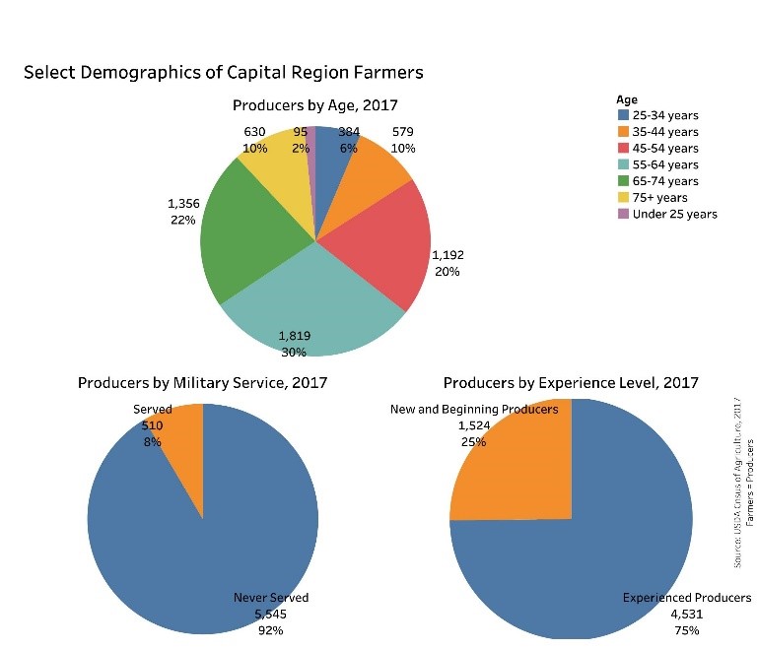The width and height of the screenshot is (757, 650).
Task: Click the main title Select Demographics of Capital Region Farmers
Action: [223, 73]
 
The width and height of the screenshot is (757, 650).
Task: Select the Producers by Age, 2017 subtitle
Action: [315, 105]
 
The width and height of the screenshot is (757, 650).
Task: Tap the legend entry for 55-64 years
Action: [666, 164]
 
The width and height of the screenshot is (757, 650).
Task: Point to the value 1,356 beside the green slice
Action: [183, 204]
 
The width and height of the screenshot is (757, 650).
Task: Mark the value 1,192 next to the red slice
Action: [447, 255]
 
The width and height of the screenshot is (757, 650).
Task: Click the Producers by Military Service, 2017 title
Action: [203, 383]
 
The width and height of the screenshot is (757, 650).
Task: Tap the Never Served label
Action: [271, 597]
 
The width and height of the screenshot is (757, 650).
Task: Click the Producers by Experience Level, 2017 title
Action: [571, 383]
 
